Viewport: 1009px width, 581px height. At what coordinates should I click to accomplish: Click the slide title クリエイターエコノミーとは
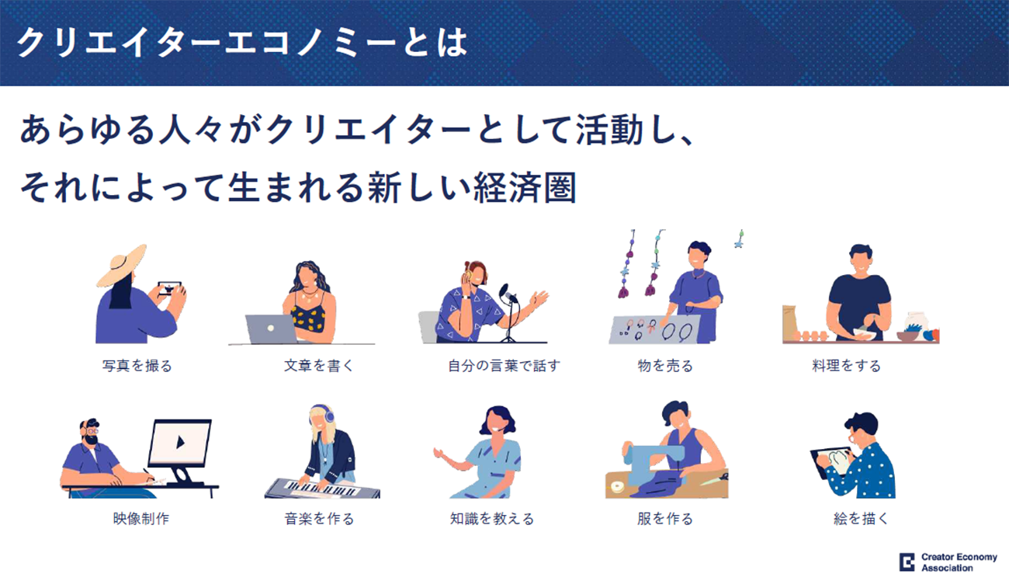242,43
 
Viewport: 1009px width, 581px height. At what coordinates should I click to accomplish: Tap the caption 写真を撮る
137,366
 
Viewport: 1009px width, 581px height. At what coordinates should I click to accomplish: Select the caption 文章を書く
319,366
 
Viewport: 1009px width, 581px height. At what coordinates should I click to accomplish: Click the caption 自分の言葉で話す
504,366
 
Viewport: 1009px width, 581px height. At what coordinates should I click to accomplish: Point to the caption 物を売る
665,366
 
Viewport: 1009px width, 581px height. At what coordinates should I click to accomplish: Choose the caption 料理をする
846,366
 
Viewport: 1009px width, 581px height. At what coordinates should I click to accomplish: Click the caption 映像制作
141,519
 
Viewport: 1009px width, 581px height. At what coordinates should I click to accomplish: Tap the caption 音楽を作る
319,519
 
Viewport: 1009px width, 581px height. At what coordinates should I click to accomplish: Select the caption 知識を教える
492,519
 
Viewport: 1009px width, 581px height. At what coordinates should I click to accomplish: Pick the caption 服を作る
665,519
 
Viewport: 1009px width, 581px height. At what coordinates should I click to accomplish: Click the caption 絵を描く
861,519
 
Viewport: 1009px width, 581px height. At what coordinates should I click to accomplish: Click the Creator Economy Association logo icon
907,562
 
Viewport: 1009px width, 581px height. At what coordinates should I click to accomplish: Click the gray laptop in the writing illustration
270,329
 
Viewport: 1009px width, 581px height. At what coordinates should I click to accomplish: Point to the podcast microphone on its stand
509,311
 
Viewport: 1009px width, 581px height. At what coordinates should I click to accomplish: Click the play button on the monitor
181,442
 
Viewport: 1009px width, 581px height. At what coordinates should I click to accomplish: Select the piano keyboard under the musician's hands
321,489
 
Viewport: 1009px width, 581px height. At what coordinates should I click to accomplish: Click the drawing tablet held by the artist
831,462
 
